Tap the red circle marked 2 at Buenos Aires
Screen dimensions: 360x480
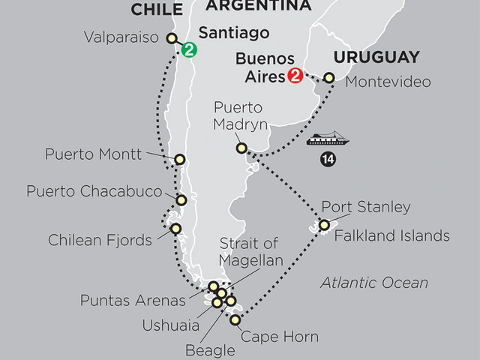coord(294,76)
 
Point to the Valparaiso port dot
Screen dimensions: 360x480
coord(172,38)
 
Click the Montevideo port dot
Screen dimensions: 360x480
coord(328,77)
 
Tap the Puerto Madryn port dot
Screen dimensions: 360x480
coord(241,148)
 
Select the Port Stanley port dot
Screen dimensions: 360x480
coord(324,225)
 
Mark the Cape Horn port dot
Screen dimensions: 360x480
coord(235,320)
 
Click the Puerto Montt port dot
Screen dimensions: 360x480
coord(180,159)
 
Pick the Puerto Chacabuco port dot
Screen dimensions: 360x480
coord(181,199)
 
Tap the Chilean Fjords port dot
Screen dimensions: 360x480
coord(175,229)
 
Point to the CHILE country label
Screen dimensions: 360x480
coord(157,9)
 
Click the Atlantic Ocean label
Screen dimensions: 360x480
coord(374,283)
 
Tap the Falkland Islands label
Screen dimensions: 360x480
coord(391,236)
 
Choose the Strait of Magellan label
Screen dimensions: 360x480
coord(250,252)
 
